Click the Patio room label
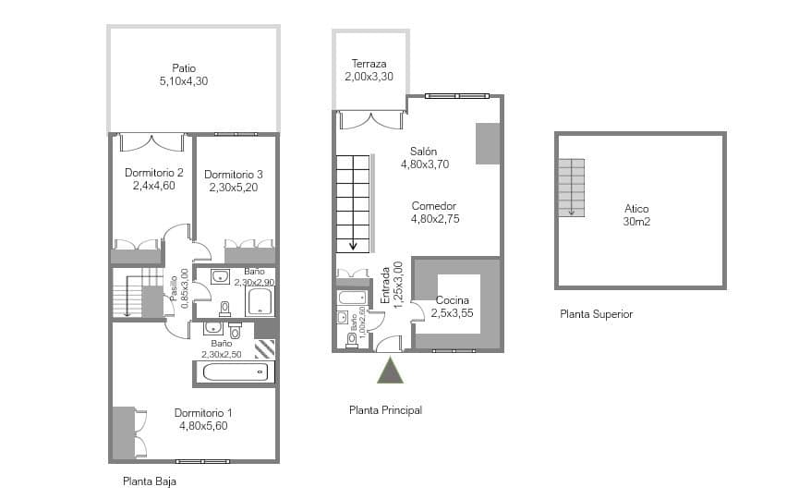click(184, 67)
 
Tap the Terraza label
click(369, 64)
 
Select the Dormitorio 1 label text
click(203, 413)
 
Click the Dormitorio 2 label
click(154, 172)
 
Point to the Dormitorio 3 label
click(234, 174)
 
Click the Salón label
click(424, 152)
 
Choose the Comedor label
click(434, 206)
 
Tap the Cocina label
click(453, 300)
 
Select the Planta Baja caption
click(150, 481)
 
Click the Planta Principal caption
click(385, 410)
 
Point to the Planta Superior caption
click(597, 314)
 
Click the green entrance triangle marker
click(391, 371)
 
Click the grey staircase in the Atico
click(571, 188)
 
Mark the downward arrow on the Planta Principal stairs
click(353, 244)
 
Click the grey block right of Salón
click(488, 143)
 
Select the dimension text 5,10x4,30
click(184, 81)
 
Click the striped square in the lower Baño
click(264, 348)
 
